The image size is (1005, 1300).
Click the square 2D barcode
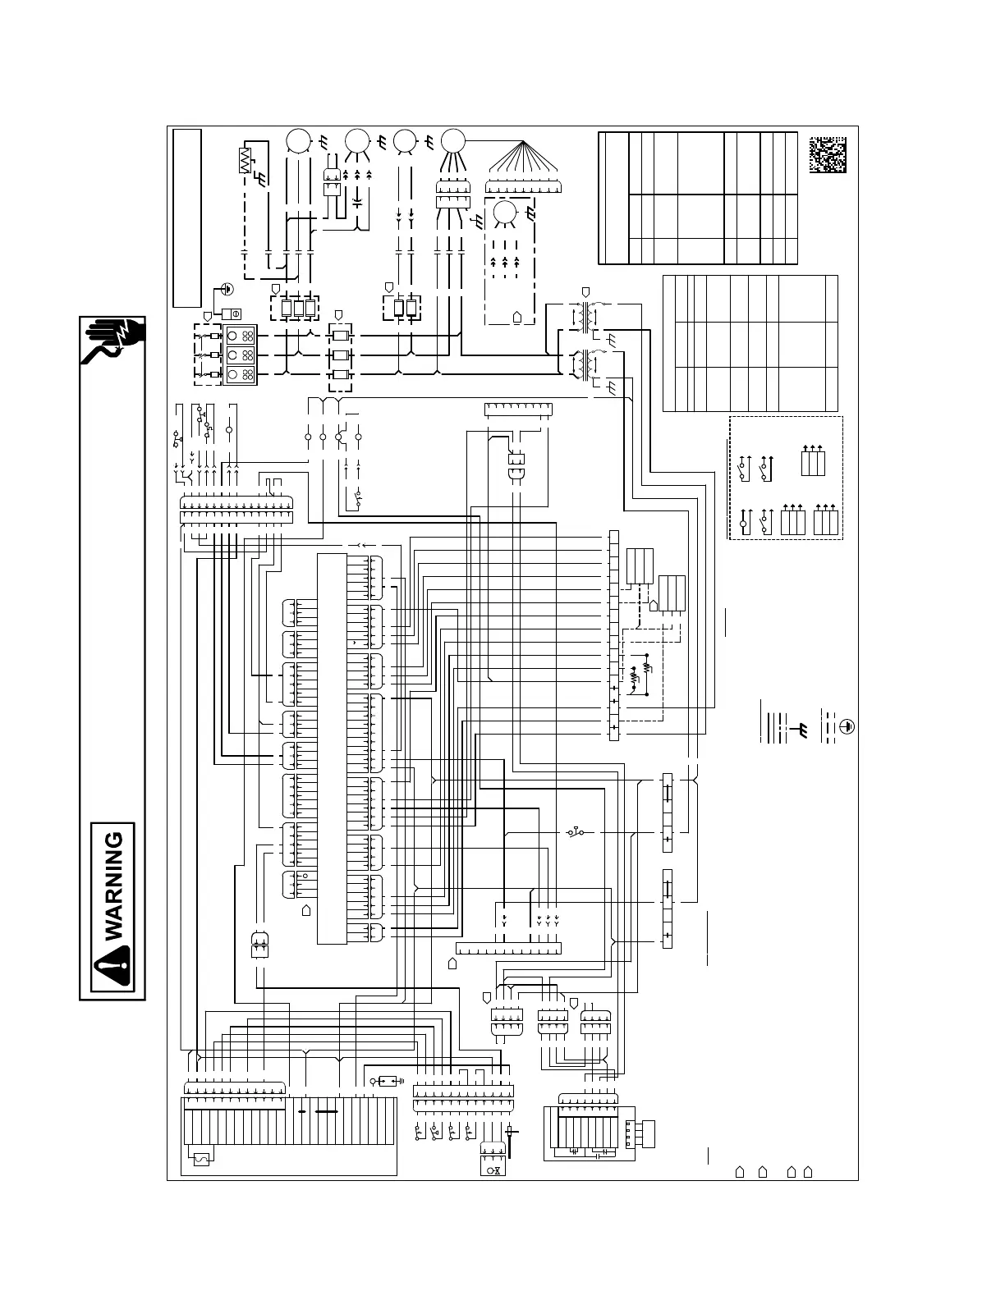point(827,153)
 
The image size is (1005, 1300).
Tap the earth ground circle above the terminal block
point(228,289)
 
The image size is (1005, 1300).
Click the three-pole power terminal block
point(240,355)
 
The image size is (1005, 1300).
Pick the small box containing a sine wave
point(200,1158)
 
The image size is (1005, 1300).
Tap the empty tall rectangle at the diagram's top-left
point(187,218)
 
